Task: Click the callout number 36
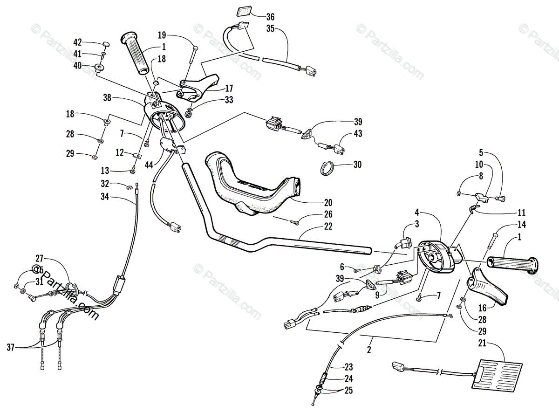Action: pos(270,17)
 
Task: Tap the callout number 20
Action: pos(328,202)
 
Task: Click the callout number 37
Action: pos(11,347)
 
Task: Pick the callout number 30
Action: pos(357,165)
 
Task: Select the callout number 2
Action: pos(369,347)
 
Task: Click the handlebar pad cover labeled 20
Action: pos(252,186)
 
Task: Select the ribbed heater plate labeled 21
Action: pos(494,374)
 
